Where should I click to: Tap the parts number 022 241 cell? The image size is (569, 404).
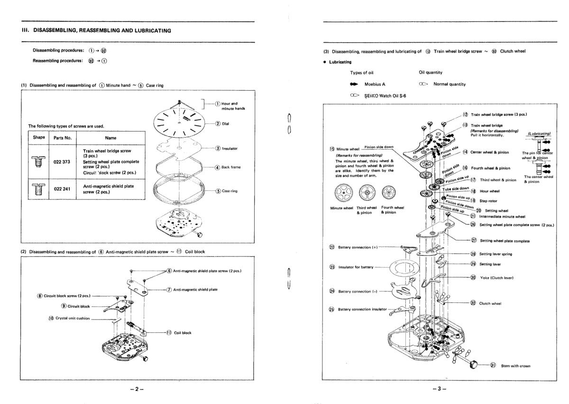tap(62, 189)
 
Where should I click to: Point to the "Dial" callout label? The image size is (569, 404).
tap(232, 124)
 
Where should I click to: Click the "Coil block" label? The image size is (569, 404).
tap(183, 332)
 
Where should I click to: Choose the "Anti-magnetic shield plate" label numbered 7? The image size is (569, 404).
tap(195, 289)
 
